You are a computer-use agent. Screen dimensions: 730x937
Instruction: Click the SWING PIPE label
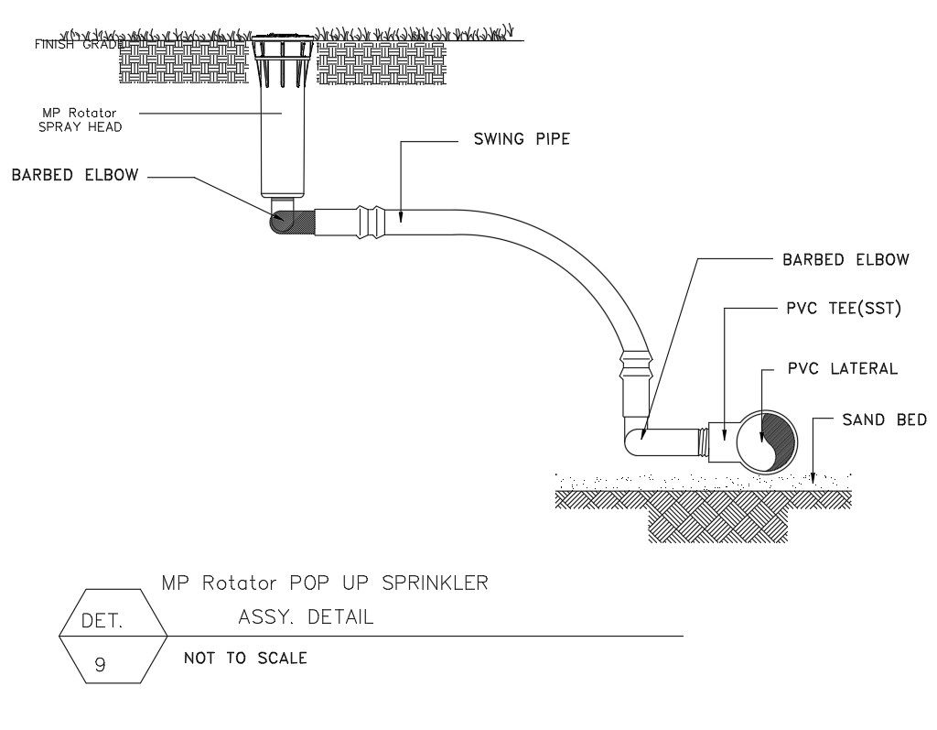pyautogui.click(x=521, y=140)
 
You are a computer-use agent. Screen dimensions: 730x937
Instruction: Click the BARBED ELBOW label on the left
pyautogui.click(x=75, y=175)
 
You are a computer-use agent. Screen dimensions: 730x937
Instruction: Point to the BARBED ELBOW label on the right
pyautogui.click(x=845, y=259)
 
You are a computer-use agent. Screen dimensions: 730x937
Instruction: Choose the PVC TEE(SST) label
pyautogui.click(x=844, y=309)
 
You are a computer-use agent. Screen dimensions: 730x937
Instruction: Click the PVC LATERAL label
pyautogui.click(x=842, y=368)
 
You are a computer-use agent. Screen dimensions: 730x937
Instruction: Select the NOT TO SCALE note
pyautogui.click(x=245, y=658)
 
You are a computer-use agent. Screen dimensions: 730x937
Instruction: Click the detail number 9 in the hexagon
pyautogui.click(x=101, y=665)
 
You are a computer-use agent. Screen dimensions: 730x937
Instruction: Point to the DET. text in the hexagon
pyautogui.click(x=102, y=621)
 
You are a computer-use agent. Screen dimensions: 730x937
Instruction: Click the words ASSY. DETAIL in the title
pyautogui.click(x=306, y=616)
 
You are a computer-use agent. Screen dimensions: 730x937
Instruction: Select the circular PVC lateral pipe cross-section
pyautogui.click(x=767, y=441)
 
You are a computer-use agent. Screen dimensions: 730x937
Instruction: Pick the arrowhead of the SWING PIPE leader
pyautogui.click(x=403, y=218)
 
